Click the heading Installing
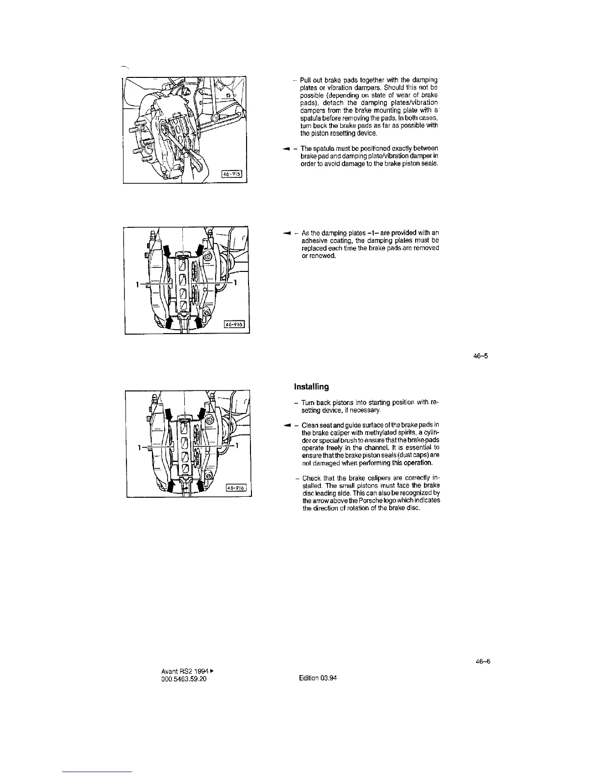pos(311,387)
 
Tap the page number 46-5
pos(480,356)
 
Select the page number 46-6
pos(483,661)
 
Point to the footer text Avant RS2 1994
pos(181,671)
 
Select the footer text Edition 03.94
pos(318,678)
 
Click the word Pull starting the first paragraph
pos(305,80)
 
